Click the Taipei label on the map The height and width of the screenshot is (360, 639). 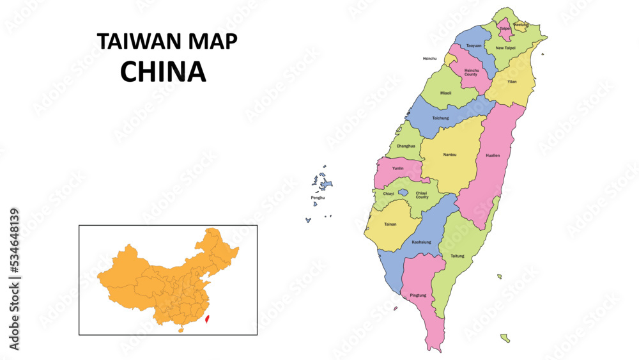pyautogui.click(x=505, y=29)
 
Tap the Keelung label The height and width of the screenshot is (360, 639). pyautogui.click(x=521, y=25)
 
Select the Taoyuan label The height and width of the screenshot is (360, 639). pyautogui.click(x=473, y=46)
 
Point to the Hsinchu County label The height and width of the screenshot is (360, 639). pyautogui.click(x=471, y=72)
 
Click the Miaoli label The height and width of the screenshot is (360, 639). pyautogui.click(x=445, y=93)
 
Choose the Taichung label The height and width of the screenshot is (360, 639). pyautogui.click(x=440, y=118)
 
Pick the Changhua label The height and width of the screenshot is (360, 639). pyautogui.click(x=406, y=146)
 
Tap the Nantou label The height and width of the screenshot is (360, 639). pyautogui.click(x=450, y=155)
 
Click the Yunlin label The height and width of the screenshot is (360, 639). pyautogui.click(x=397, y=168)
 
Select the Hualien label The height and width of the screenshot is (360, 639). pyautogui.click(x=493, y=155)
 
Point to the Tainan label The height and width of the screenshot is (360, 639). pyautogui.click(x=390, y=224)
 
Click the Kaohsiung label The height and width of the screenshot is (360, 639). pyautogui.click(x=421, y=242)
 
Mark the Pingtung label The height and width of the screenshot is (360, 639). pyautogui.click(x=418, y=295)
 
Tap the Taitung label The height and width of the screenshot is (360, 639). pyautogui.click(x=458, y=256)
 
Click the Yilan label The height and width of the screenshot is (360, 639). pyautogui.click(x=512, y=82)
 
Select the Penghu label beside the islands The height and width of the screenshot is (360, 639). pyautogui.click(x=318, y=198)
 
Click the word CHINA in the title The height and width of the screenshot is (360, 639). pyautogui.click(x=163, y=72)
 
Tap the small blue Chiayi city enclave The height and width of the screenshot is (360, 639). pyautogui.click(x=403, y=192)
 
